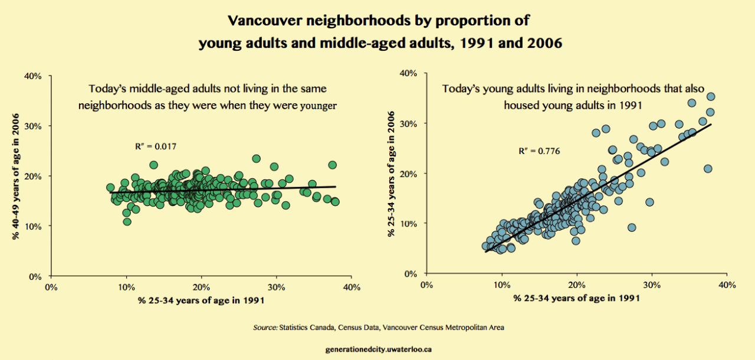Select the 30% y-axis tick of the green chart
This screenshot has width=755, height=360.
point(33,126)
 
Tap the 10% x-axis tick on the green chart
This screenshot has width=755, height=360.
point(126,287)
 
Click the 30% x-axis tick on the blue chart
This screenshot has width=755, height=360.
point(652,285)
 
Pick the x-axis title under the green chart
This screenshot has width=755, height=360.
point(201,301)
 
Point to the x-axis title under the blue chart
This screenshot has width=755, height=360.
point(576,299)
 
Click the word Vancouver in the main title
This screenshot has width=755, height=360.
point(263,21)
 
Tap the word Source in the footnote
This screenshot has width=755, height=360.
point(265,327)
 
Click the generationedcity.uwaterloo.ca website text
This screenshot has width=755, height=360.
point(378,349)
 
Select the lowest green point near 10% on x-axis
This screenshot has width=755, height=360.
point(127,222)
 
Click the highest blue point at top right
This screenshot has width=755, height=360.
point(711,97)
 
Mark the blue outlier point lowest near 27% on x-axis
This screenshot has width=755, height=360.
point(632,227)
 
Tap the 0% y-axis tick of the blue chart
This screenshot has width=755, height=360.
point(411,274)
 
